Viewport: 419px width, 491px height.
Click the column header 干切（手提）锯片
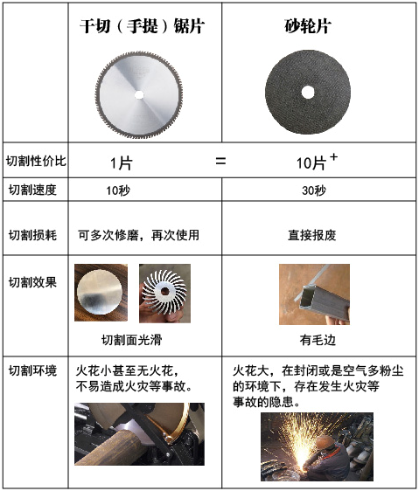pos(142,25)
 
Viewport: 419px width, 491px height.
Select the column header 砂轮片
pos(308,25)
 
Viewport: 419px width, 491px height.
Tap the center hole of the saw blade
pos(139,94)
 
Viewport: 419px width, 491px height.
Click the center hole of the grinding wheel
pos(308,92)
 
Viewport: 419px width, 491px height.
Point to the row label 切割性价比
pos(36,161)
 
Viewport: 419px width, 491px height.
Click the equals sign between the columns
pos(220,162)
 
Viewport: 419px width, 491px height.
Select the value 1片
pos(121,163)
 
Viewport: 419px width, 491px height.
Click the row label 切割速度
pos(32,190)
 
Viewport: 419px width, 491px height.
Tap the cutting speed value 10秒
pos(118,190)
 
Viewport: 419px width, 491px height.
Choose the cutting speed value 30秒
pos(314,190)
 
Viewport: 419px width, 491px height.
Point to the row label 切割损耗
pos(32,235)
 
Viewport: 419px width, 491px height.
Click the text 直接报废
pos(311,235)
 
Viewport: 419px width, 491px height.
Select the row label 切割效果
pos(32,282)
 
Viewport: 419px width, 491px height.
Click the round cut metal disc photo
pos(101,293)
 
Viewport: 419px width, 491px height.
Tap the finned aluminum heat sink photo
pos(164,294)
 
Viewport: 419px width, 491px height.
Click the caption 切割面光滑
pos(132,340)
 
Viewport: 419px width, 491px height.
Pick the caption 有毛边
pos(318,340)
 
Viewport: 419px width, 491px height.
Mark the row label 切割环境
pos(32,370)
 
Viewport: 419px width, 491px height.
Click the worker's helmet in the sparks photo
pos(325,442)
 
